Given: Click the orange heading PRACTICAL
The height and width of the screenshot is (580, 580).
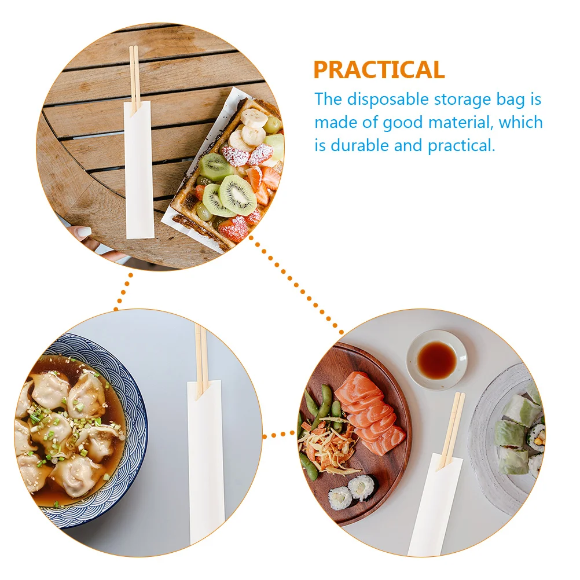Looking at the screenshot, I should coord(379,70).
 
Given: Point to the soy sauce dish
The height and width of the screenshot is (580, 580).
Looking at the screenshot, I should coord(436,359).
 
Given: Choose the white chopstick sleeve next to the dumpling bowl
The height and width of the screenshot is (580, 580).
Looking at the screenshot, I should coord(206,463).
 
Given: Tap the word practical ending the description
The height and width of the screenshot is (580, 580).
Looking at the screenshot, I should coord(461,145).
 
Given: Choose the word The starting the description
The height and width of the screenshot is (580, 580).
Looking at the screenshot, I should coord(328,100).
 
